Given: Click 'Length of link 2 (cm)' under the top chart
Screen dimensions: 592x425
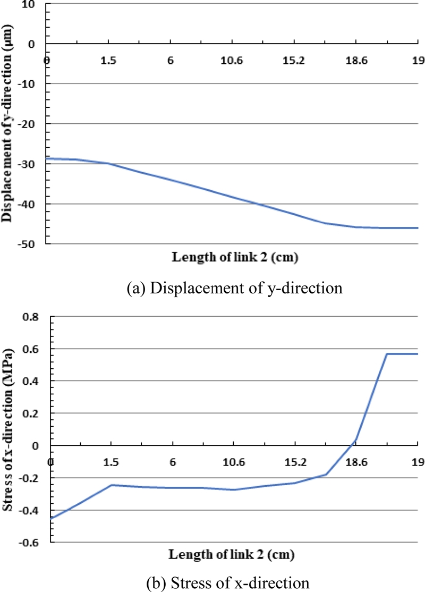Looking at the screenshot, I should click(234, 258).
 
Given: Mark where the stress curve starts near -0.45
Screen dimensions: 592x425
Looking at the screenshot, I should click(52, 518).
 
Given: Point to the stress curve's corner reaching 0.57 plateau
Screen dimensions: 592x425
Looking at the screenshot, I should click(387, 354).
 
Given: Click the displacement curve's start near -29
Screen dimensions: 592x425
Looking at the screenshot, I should click(48, 158).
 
